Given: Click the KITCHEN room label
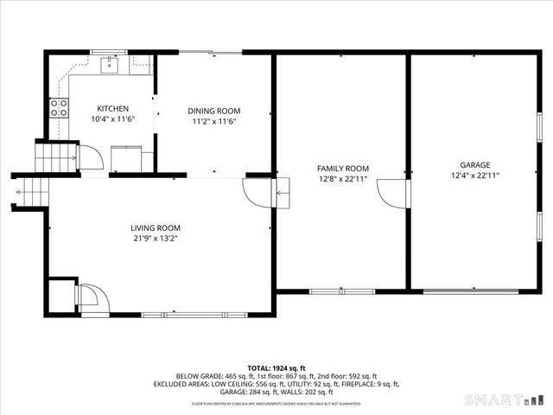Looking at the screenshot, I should [x=112, y=109].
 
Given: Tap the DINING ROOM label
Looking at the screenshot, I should [x=214, y=111].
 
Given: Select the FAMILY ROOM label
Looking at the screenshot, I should [x=342, y=169].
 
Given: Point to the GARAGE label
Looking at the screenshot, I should [x=474, y=164].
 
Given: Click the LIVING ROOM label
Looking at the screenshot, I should [x=156, y=227].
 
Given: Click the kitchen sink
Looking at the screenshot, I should [x=111, y=63].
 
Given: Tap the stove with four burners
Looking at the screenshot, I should [x=60, y=108].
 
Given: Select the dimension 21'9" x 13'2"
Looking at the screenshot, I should [x=156, y=239].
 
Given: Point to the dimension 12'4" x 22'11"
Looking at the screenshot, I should [x=474, y=176].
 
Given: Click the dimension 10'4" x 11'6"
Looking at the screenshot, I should [x=112, y=119].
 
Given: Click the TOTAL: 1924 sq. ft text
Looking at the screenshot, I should [x=276, y=368].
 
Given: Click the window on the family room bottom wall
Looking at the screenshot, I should [x=342, y=291].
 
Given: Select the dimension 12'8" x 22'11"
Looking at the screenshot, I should [x=342, y=180].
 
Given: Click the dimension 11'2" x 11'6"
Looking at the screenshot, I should [x=214, y=121].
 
